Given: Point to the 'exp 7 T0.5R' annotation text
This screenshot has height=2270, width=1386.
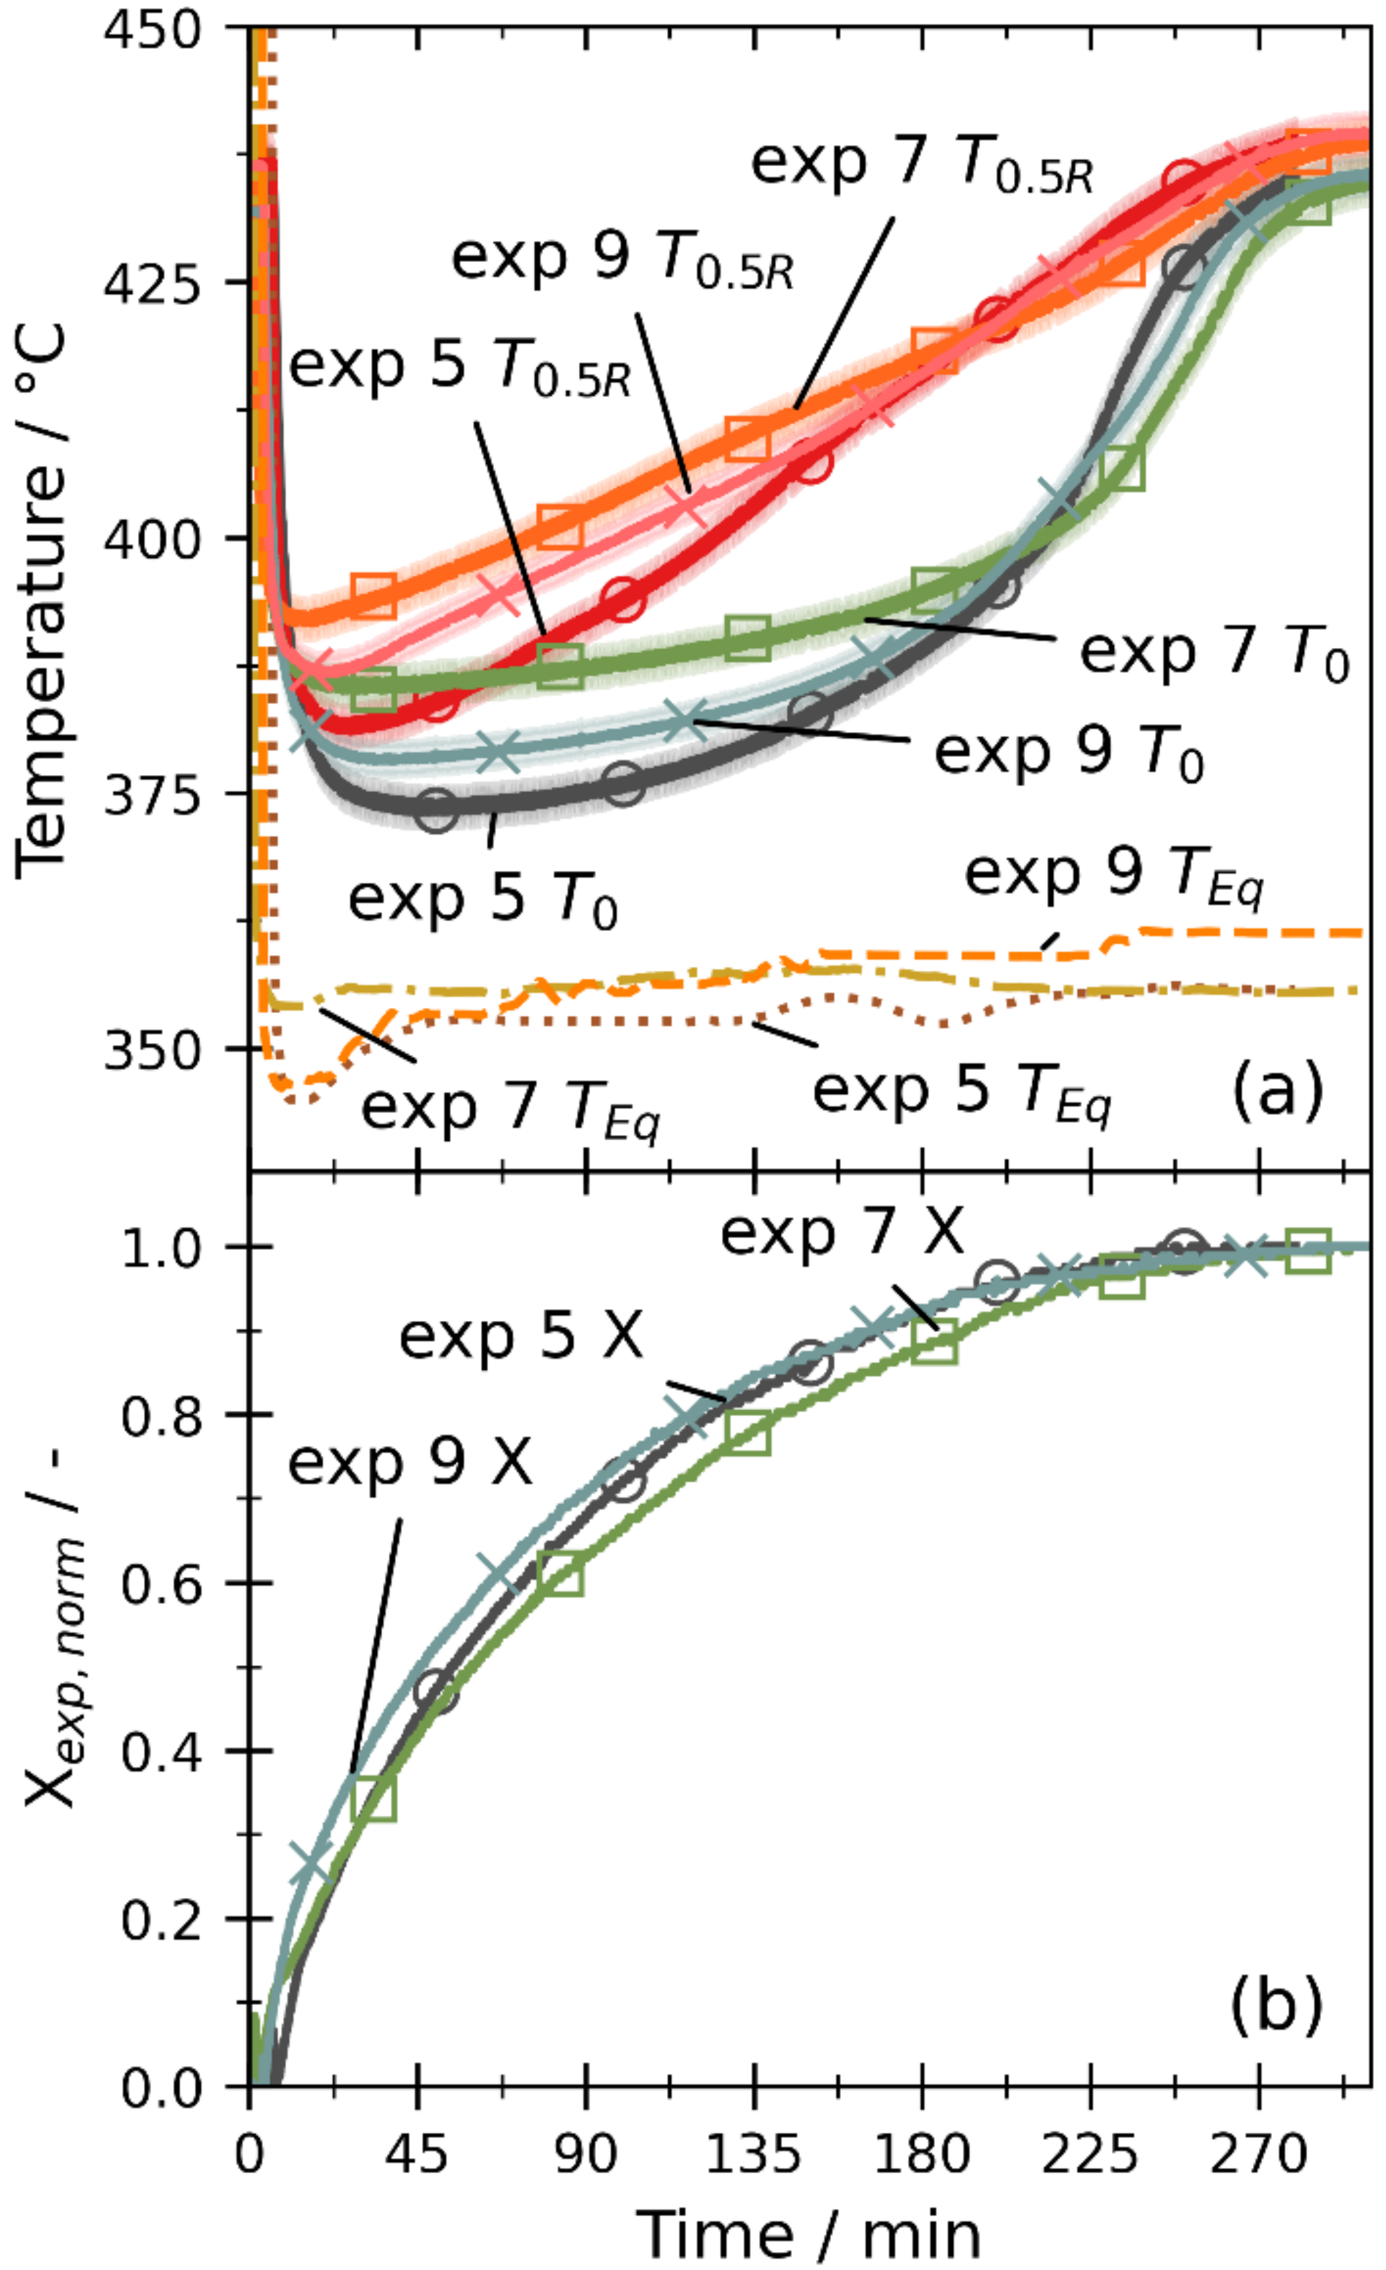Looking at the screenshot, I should (x=922, y=164).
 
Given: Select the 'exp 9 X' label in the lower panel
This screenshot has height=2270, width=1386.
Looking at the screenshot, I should (x=410, y=1463).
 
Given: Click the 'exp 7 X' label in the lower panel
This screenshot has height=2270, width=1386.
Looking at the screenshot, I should (x=841, y=1232).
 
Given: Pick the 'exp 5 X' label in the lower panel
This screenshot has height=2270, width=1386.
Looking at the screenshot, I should (x=521, y=1337).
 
